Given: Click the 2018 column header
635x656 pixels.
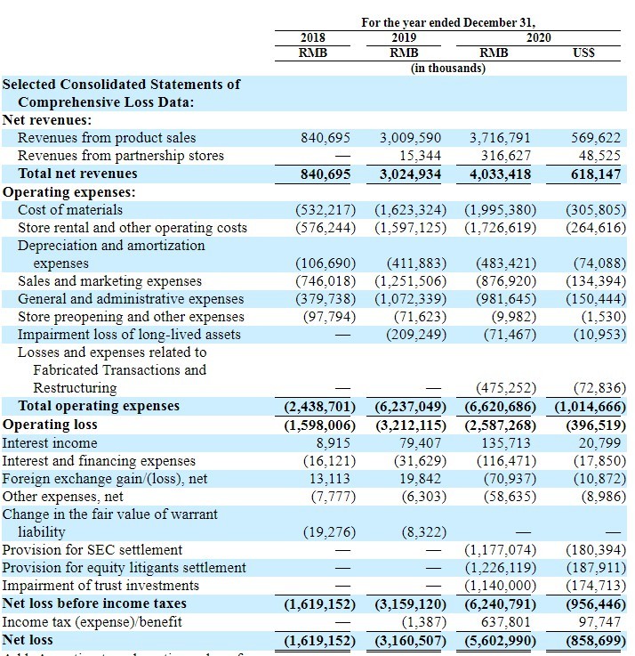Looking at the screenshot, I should tap(312, 37).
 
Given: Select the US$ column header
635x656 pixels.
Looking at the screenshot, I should tap(584, 53).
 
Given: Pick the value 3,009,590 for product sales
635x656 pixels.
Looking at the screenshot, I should tap(410, 138).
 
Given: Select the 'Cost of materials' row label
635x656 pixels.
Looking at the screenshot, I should tap(70, 210).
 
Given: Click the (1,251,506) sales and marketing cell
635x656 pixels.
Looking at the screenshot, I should tap(406, 281).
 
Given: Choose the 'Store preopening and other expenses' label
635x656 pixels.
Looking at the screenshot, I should tap(131, 317).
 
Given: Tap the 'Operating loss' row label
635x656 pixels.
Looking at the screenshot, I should tap(50, 425).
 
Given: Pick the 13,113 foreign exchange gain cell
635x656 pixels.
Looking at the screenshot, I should tap(331, 478).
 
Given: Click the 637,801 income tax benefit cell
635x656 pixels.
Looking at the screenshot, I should tap(505, 622).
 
